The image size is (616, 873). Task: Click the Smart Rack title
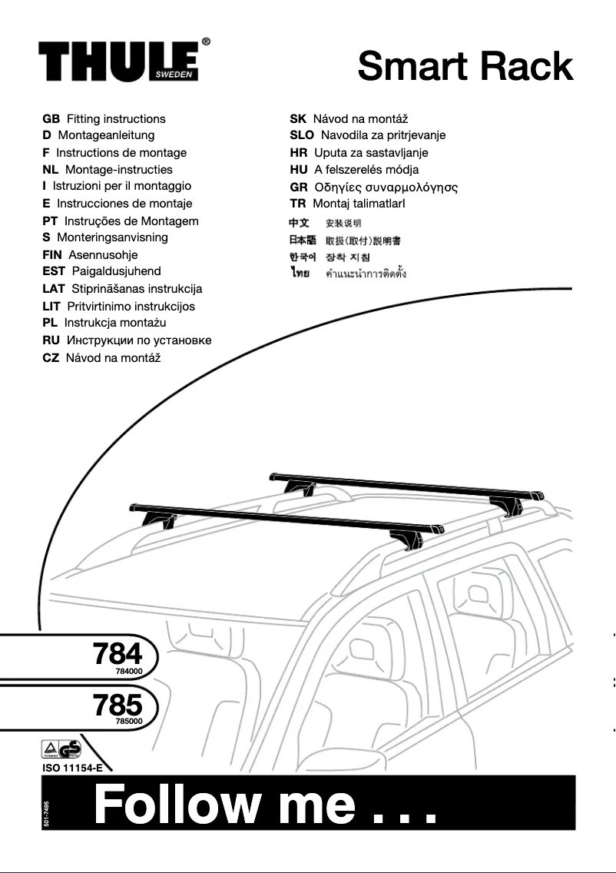pos(465,66)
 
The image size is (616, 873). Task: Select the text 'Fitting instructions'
pos(116,119)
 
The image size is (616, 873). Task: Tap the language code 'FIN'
pos(52,254)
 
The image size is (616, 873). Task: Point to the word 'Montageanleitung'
pos(106,135)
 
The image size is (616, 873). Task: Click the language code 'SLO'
pos(302,135)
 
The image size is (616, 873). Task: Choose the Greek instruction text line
pos(386,187)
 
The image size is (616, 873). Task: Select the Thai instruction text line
pos(366,274)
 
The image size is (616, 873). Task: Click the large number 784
pos(118,654)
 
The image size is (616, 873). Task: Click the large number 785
pos(118,705)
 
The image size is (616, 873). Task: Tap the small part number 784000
pos(129,671)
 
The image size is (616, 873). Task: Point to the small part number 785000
pos(129,722)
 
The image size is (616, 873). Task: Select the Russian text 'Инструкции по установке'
pos(139,340)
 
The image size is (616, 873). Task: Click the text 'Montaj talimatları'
pos(359,204)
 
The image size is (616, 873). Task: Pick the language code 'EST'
pos(54,271)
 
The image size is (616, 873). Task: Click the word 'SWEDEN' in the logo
pos(174,75)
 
